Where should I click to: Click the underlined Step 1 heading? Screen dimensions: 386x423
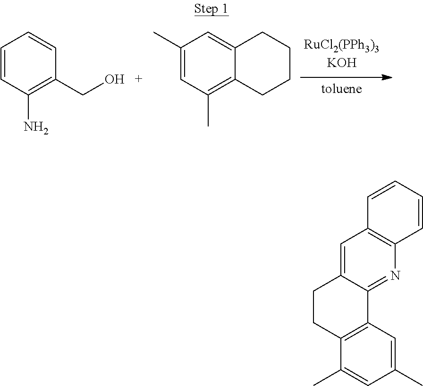point(211,10)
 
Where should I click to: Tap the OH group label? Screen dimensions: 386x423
point(114,79)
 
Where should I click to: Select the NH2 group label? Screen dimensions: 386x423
point(36,127)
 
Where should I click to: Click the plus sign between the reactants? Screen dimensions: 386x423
point(138,79)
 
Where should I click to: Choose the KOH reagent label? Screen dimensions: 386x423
point(341,63)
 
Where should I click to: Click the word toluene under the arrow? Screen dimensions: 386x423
point(341,89)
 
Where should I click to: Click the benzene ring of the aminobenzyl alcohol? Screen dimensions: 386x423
point(29,64)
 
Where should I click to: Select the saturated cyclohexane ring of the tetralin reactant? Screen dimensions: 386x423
point(262,64)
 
